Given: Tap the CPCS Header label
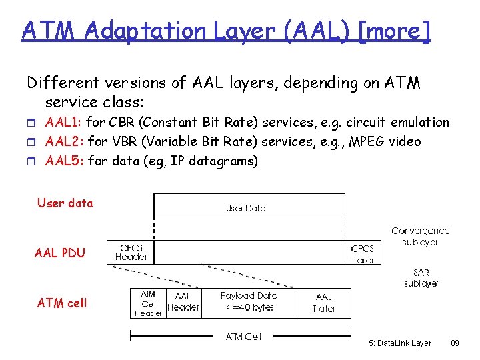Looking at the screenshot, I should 131,252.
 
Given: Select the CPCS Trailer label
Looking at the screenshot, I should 362,254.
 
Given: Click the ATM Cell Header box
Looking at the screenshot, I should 148,303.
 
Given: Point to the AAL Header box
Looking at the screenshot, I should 183,302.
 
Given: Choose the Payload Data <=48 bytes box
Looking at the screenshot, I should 248,301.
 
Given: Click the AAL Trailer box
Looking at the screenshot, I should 323,303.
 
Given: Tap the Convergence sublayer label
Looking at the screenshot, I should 420,236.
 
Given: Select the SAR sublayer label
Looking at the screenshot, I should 421,278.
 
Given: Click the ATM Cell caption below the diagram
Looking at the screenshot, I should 243,337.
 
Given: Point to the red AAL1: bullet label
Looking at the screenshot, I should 64,123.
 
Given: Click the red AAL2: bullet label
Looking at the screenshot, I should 65,141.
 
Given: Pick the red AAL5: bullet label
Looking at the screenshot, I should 65,161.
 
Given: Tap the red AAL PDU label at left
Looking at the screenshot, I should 60,253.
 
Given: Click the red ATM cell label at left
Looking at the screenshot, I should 62,303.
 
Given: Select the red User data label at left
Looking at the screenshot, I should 65,203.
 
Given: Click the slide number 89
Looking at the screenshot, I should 455,343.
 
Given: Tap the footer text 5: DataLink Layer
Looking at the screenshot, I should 399,343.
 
